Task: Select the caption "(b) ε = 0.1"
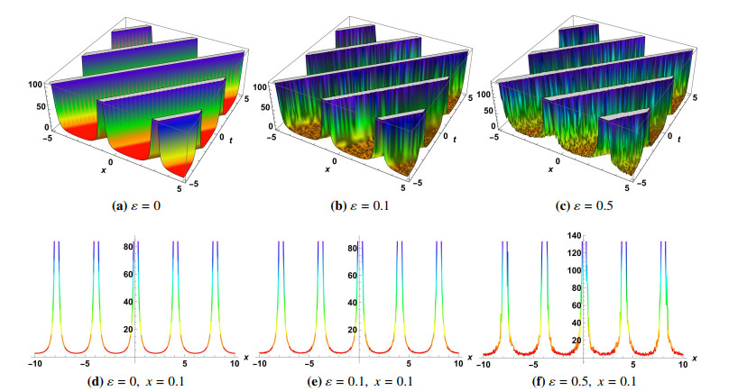pos(365,205)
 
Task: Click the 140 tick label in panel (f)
pos(574,236)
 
